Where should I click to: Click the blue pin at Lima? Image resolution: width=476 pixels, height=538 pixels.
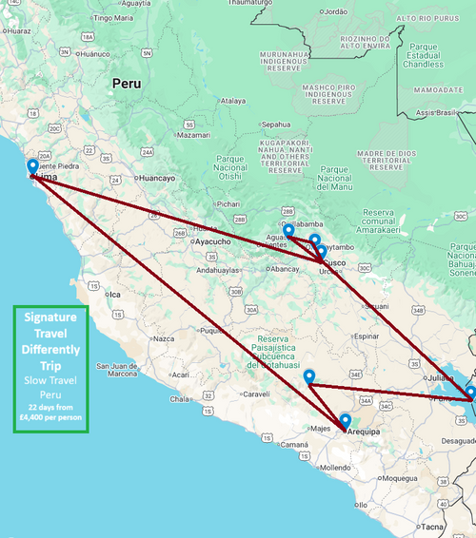point(32,165)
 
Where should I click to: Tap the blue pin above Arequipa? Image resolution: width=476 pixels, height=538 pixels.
point(345,420)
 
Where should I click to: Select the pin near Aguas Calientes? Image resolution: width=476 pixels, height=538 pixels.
point(288,229)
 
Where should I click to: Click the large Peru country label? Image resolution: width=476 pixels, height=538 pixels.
point(126,84)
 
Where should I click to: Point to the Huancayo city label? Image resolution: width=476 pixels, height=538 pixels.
point(156,178)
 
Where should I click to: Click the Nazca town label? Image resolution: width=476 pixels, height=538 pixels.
point(165,337)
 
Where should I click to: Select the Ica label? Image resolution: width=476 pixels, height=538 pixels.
point(115,295)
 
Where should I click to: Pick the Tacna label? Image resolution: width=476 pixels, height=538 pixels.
point(432,526)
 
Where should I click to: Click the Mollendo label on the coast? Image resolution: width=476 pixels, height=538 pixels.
point(334,468)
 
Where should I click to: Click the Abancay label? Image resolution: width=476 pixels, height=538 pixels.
point(285,269)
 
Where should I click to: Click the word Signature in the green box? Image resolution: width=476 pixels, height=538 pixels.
point(50,317)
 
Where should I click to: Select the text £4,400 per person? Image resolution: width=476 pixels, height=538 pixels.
point(50,415)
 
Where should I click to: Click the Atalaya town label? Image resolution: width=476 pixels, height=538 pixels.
point(233,100)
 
